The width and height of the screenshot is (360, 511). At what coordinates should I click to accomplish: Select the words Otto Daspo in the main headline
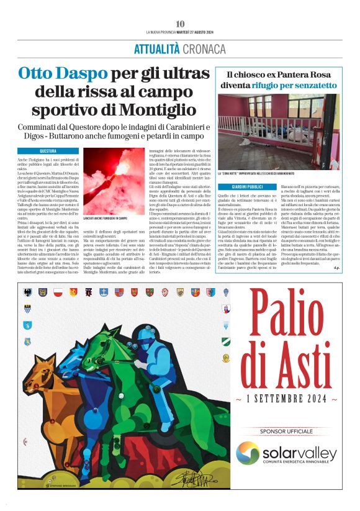tap(54, 74)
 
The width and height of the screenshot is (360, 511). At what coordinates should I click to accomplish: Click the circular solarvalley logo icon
tap(248, 453)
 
